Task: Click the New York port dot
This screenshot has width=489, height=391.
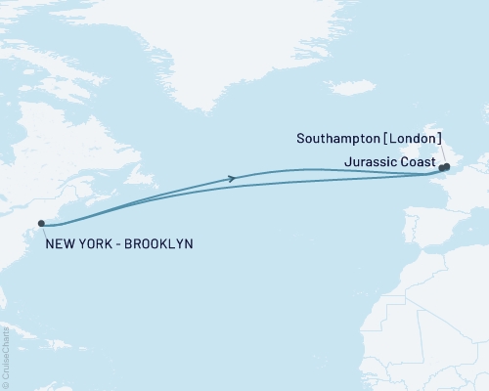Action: coord(41,224)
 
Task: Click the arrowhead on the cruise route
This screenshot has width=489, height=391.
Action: coord(232,178)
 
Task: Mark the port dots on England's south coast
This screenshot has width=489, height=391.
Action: coord(444,167)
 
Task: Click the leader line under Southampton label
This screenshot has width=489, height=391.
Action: coord(444,154)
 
